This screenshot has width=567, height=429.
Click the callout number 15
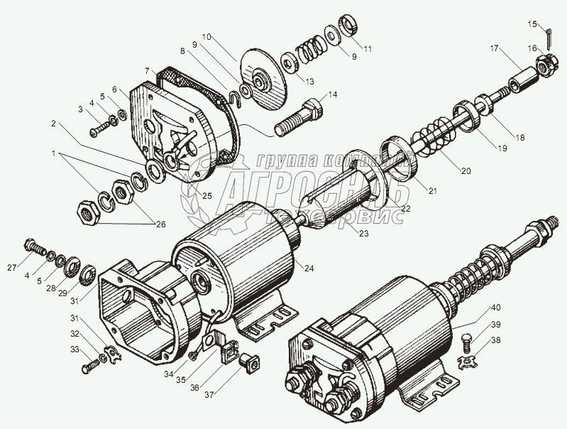532,25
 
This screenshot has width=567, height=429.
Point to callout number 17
493,50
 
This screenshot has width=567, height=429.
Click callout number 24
309,268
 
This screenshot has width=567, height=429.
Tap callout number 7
146,71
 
